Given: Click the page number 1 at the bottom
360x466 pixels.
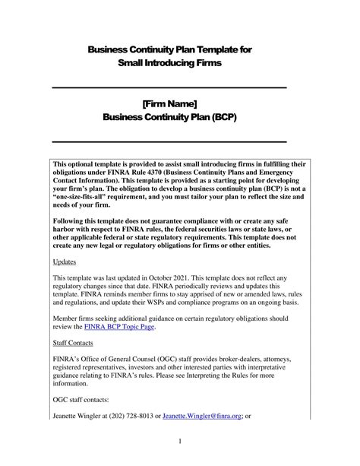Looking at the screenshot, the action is click(x=180, y=440).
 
